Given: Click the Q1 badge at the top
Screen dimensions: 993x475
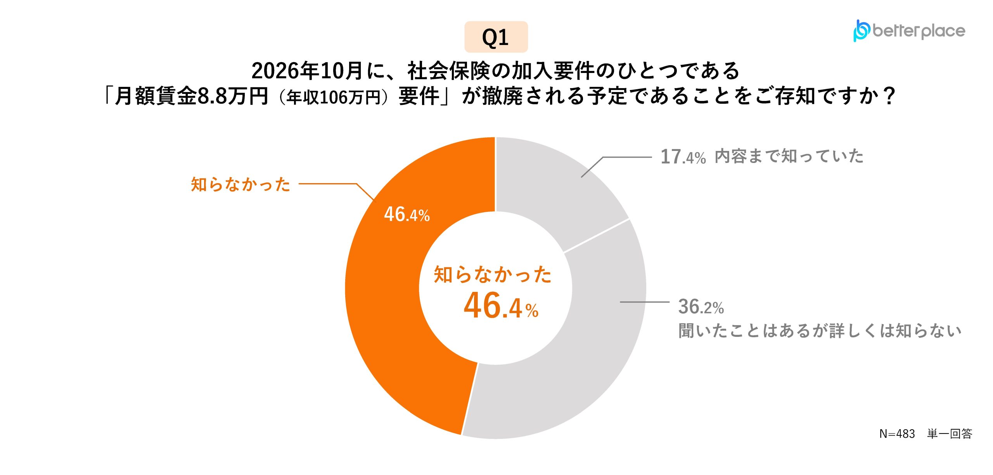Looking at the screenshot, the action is coord(496,37).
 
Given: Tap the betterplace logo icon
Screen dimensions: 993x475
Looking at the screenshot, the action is coord(861,30).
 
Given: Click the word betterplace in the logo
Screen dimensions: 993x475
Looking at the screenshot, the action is coord(919,31).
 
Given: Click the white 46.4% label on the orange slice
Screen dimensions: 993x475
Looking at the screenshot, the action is coord(407,214).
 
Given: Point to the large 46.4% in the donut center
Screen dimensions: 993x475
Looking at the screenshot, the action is coord(501,306).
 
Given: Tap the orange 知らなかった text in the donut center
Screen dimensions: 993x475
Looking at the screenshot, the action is coord(493,274).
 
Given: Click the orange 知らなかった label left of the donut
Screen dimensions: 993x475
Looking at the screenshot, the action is coord(240,184).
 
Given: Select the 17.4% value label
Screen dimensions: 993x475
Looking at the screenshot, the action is coord(683,157).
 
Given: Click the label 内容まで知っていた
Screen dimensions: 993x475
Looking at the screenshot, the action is coord(789,156).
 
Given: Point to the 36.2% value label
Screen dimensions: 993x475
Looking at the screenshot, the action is coord(701,307).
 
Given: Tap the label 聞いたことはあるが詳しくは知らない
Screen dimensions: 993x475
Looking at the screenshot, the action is coord(820,331).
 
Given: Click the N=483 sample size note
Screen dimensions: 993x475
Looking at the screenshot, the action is coord(897,433).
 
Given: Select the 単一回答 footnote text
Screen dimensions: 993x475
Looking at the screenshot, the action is coord(950,433).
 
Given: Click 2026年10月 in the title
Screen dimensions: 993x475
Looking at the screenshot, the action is coord(307,71).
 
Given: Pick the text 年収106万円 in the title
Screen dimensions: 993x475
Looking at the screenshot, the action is coord(334,97).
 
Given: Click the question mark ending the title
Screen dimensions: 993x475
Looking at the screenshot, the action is coord(889,95).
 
